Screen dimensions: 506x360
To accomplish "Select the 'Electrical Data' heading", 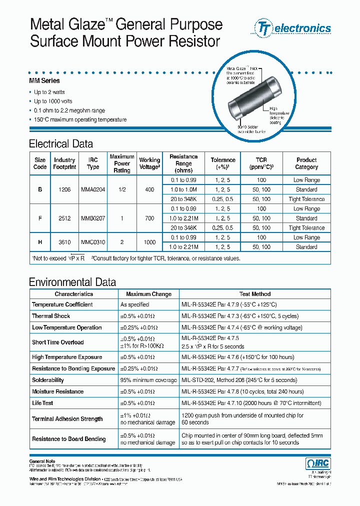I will coord(61,144).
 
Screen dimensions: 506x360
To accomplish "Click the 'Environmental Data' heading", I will coord(72,282).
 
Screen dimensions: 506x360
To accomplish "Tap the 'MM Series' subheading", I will coord(44,81).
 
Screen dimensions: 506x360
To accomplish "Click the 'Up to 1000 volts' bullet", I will coord(53,101).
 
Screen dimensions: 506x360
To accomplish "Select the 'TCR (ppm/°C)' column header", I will coord(261,163).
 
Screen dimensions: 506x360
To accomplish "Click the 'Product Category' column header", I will coord(306,163).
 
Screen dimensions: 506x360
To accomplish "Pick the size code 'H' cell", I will coord(40,242).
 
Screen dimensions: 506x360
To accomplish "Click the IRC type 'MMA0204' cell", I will coord(93,189).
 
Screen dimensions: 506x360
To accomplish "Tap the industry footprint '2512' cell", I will coord(64,218).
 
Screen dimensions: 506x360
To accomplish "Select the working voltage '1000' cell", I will coord(149,242).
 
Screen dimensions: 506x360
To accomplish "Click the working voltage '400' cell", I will coord(149,189).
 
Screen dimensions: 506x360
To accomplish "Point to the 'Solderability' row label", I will coord(48,380).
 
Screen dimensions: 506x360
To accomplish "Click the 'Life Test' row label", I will coord(42,403).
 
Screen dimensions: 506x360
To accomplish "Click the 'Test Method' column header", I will coord(254,294).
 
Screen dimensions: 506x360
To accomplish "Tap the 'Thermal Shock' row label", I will coord(51,316).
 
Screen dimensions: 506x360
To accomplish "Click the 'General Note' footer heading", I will coord(42,461).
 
